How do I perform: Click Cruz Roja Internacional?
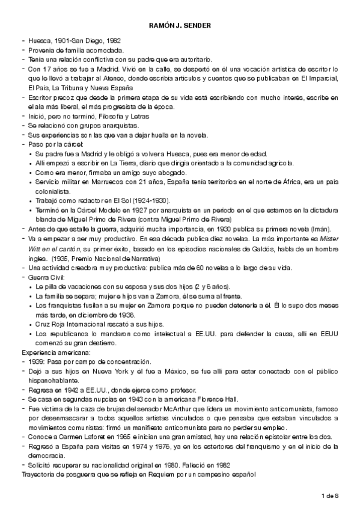pyautogui.click(x=64, y=324)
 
